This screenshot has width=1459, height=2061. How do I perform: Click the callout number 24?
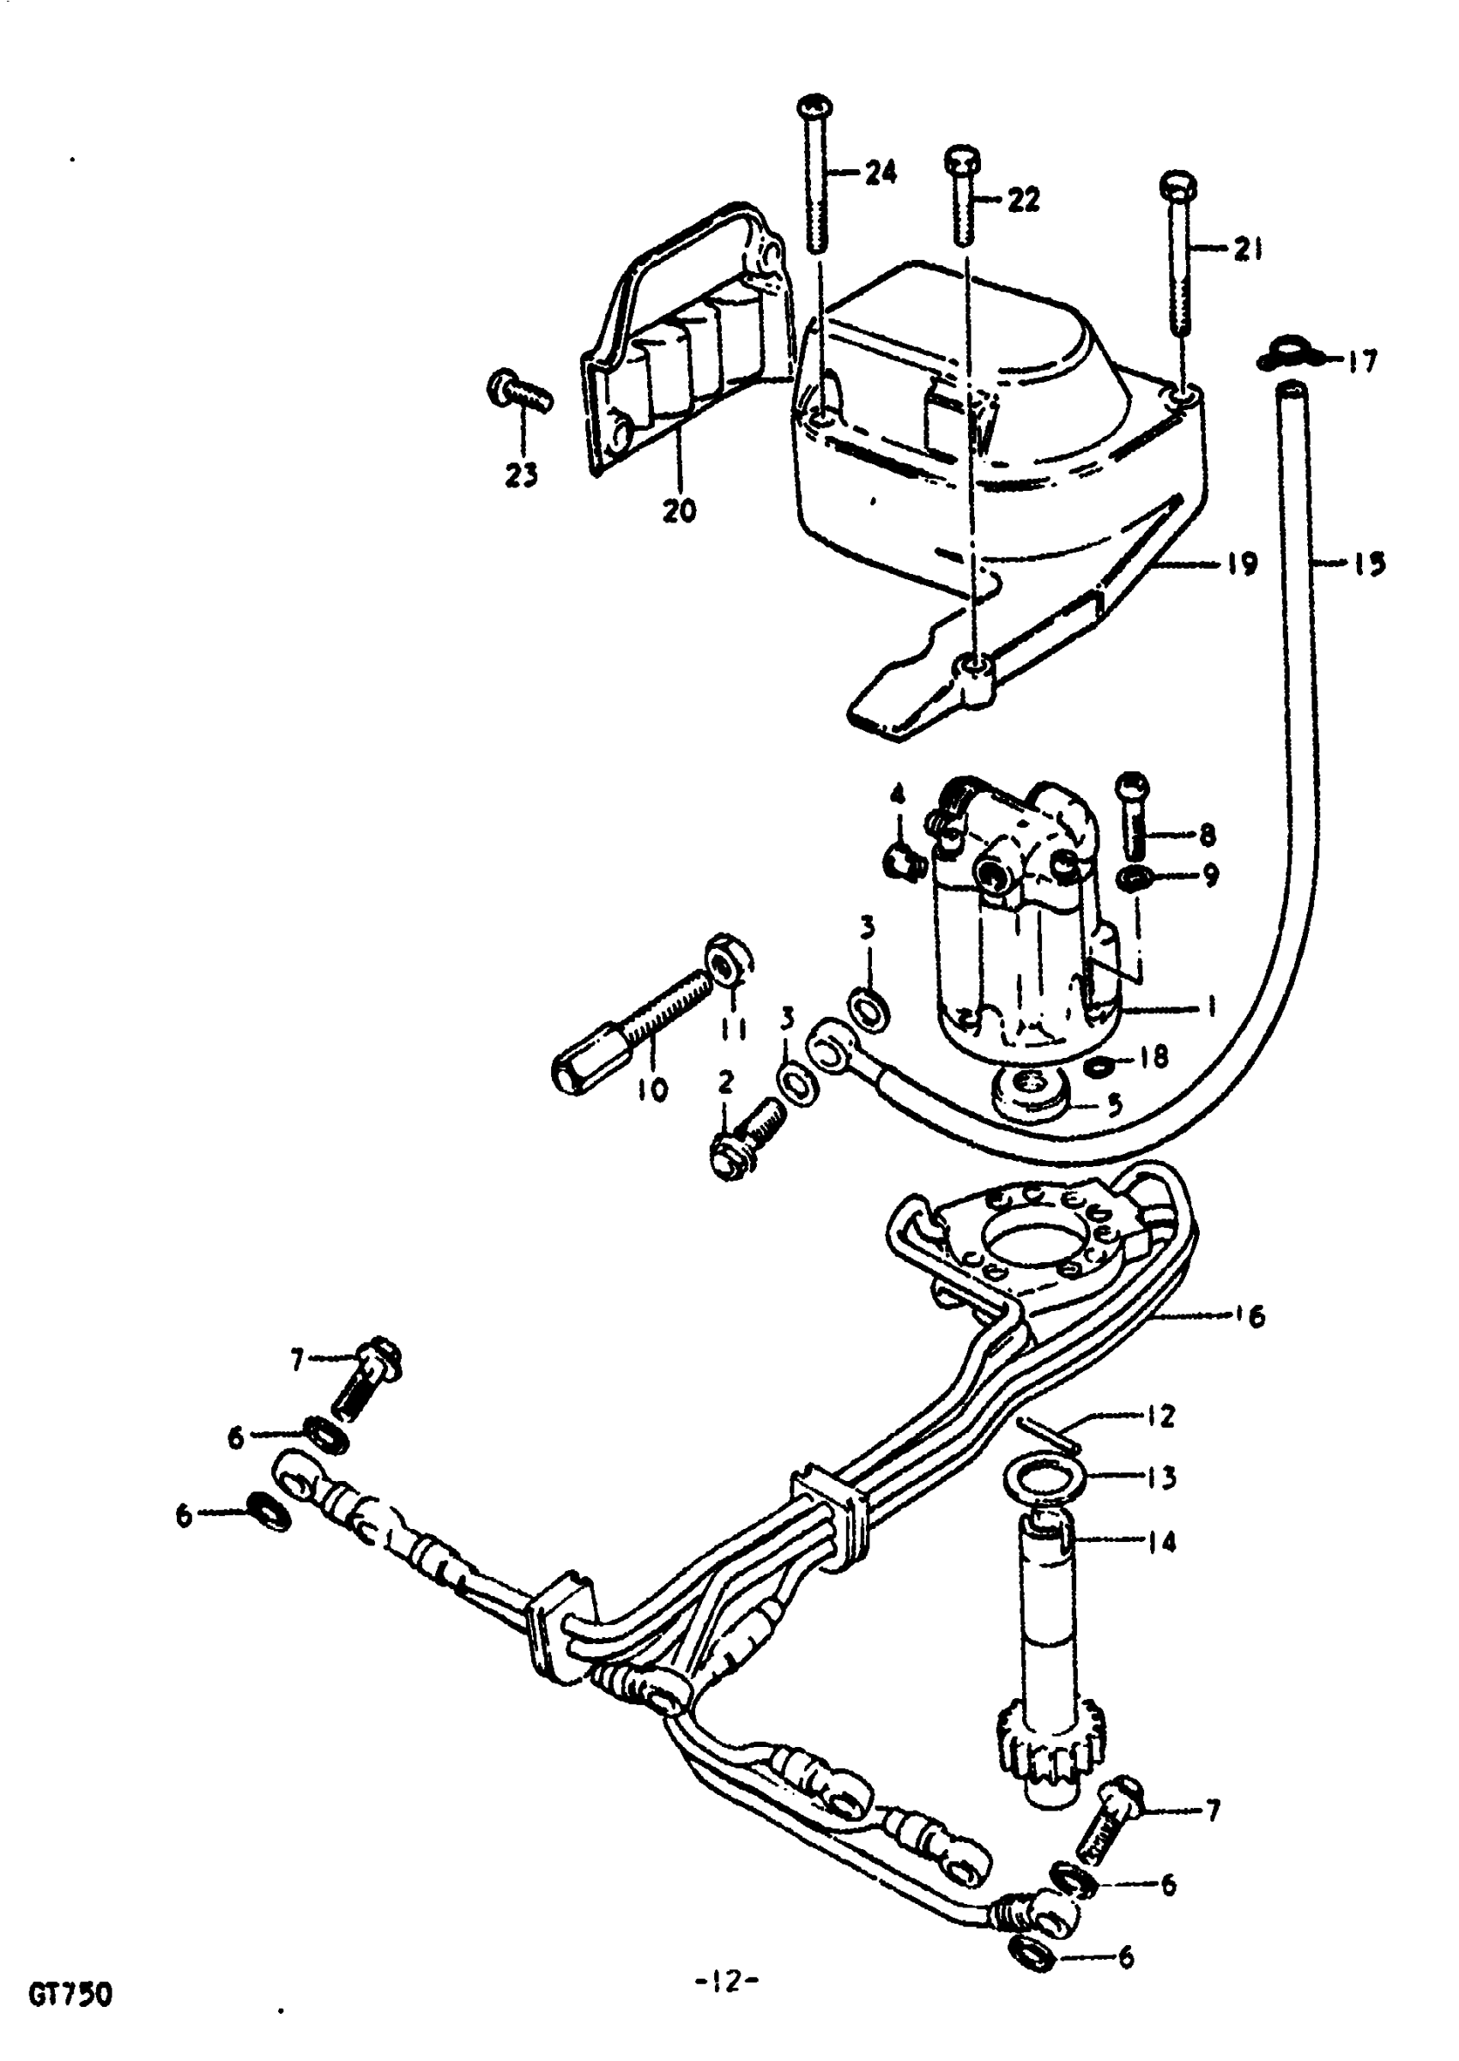[x=880, y=172]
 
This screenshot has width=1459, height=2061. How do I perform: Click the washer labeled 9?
[x=1134, y=875]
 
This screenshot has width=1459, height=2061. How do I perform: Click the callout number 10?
[x=653, y=1091]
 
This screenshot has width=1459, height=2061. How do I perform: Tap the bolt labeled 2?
[x=744, y=1133]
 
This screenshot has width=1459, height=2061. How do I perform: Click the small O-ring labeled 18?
[x=1099, y=1067]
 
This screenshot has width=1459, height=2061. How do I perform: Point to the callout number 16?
[x=1249, y=1316]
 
